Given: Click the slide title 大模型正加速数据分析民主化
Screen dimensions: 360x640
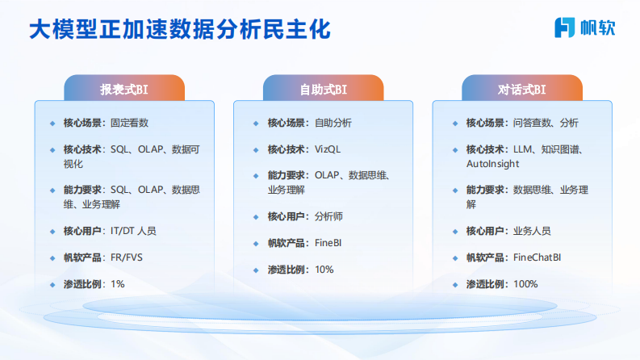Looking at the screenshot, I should pos(179,30).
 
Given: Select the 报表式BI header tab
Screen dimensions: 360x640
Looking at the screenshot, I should pos(124,89).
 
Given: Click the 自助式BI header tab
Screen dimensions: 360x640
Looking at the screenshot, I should pos(323,89).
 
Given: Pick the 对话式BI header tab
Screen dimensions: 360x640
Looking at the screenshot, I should pos(521,89).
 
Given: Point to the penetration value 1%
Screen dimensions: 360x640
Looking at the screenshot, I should pos(118,284).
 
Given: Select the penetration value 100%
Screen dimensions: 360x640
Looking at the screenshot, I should pos(525,284).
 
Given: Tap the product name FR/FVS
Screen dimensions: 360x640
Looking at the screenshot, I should pos(127,257).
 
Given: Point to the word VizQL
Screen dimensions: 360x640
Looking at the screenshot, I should pos(328,149).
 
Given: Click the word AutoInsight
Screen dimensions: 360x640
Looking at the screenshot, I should pos(492,163).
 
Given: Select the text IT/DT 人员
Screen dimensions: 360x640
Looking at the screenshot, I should pos(133,231).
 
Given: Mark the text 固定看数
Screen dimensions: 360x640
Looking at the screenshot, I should pos(129,123).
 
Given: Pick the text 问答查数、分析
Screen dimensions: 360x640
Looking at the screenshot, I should pos(546,123).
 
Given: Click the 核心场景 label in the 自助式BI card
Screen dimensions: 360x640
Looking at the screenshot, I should pos(287,123).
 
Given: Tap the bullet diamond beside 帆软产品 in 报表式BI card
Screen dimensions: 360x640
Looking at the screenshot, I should pos(52,257).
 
